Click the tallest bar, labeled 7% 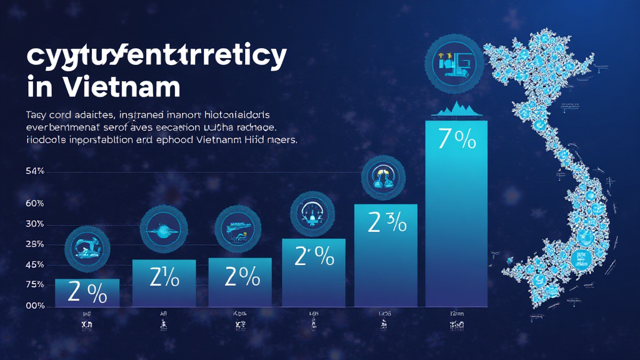coord(456,212)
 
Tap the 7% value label coord(456,139)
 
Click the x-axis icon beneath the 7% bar coord(456,326)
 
